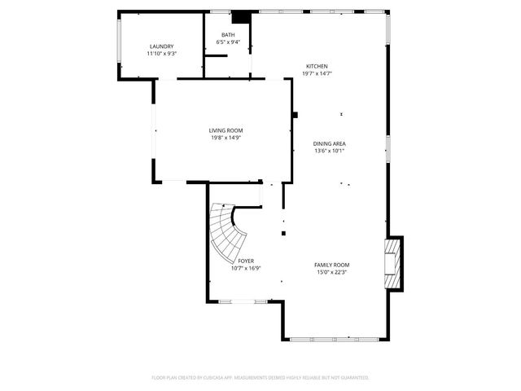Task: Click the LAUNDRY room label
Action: pos(161,46)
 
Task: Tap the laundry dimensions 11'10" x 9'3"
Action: pos(161,54)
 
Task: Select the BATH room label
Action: pos(228,35)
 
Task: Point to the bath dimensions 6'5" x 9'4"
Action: pos(228,42)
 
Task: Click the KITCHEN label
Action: pos(317,67)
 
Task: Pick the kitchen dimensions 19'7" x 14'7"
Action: pos(317,74)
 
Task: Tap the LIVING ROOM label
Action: pos(225,130)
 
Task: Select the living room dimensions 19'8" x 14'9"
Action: pos(225,138)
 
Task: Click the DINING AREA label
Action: pos(330,143)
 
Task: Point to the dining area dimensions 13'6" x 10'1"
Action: pos(330,151)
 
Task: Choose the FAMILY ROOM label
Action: pos(332,265)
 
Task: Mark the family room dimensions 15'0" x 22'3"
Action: pos(332,272)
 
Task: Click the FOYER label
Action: pos(246,261)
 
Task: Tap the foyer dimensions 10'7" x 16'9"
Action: pos(246,268)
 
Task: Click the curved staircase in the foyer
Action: pos(226,229)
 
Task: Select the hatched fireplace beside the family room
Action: pos(394,262)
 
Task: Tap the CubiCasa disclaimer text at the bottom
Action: pos(260,377)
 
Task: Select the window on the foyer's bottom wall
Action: pos(243,301)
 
